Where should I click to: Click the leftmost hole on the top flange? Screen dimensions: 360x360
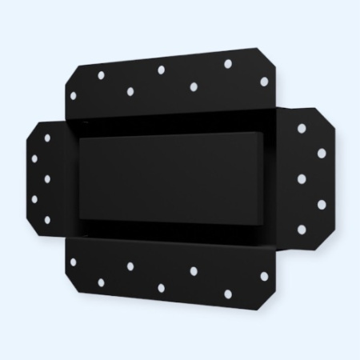(73, 95)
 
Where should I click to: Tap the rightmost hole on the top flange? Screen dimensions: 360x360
(264, 81)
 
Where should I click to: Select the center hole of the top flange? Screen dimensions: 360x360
(161, 70)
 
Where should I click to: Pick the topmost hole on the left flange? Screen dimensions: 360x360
(47, 138)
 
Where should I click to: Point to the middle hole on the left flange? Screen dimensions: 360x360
(47, 178)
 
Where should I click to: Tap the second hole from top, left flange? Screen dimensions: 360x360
(34, 158)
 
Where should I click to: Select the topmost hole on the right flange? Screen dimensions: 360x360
(302, 128)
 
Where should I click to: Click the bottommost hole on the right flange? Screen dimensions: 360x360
(302, 230)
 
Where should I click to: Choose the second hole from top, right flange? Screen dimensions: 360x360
(322, 153)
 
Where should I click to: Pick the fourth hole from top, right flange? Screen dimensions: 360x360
(322, 205)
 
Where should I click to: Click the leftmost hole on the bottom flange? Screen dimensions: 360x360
(73, 262)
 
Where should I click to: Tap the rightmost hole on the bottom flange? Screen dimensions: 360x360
(264, 276)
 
